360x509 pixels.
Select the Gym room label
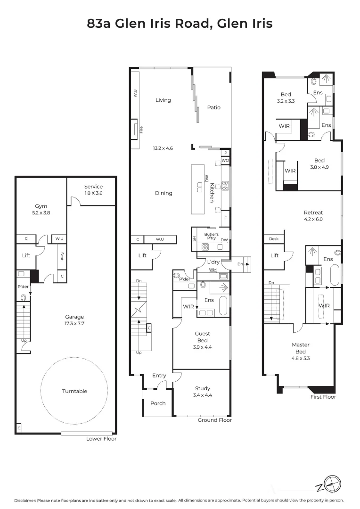coord(41,206)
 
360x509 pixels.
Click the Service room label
coord(93,187)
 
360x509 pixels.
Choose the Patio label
coord(213,107)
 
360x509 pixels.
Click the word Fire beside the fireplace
coord(140,129)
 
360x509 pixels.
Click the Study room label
coord(203,389)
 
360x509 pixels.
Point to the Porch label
coord(158,403)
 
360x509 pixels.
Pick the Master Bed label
coord(300,348)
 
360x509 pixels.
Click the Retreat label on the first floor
coord(313,213)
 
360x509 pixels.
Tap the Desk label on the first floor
coord(273,239)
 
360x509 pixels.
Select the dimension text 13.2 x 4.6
coord(163,148)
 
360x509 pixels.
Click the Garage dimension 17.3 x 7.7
coord(74,323)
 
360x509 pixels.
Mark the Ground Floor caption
coord(214,420)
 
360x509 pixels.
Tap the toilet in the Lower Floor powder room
coord(23,298)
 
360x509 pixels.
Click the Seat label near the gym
coord(61,256)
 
